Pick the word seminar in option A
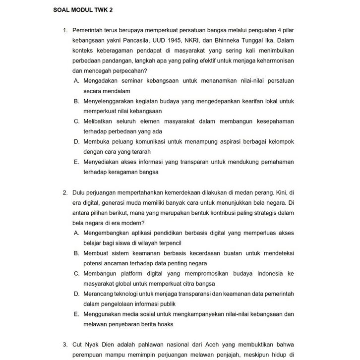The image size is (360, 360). pos(128,81)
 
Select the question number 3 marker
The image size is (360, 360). pos(65,345)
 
